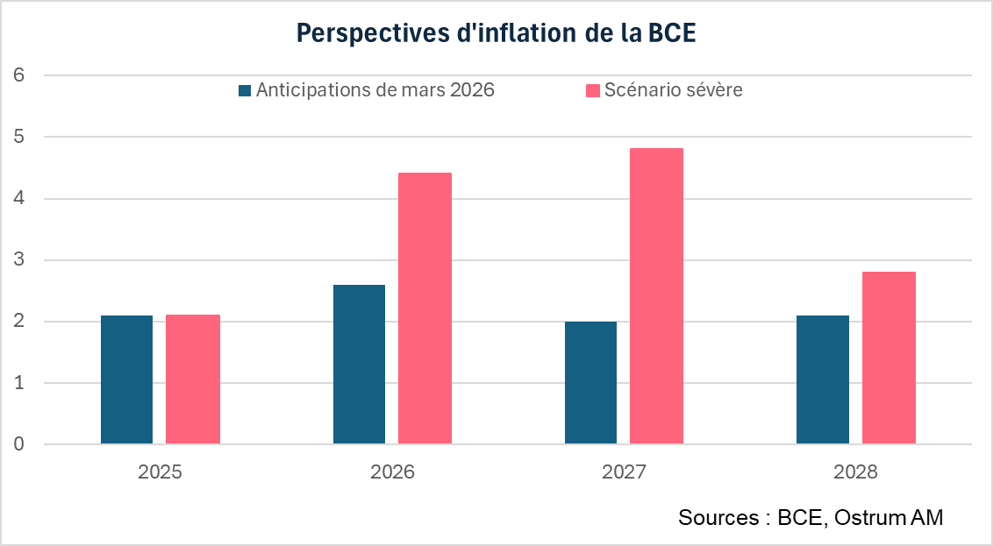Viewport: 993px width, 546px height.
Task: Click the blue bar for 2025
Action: (126, 379)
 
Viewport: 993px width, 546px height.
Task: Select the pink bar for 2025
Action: (193, 379)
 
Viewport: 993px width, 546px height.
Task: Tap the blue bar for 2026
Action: (359, 364)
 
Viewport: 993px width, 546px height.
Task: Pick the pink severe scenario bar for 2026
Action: (425, 308)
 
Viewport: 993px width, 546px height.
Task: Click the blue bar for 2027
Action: (590, 382)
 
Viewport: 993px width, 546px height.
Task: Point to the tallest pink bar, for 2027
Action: (656, 296)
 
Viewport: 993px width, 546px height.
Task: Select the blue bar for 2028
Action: (823, 379)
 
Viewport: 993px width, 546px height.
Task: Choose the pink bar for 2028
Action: (889, 358)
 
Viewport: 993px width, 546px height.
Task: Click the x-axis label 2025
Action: (160, 472)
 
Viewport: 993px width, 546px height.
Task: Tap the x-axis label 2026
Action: (392, 472)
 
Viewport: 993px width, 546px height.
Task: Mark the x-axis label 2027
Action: (624, 472)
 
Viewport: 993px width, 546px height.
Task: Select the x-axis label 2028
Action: (855, 472)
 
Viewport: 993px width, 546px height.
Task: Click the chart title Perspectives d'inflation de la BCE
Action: (496, 32)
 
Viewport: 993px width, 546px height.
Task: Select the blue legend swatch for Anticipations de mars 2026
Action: (245, 90)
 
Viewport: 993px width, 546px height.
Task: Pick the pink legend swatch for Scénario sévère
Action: (593, 90)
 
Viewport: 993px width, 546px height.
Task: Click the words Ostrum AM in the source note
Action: (889, 518)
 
